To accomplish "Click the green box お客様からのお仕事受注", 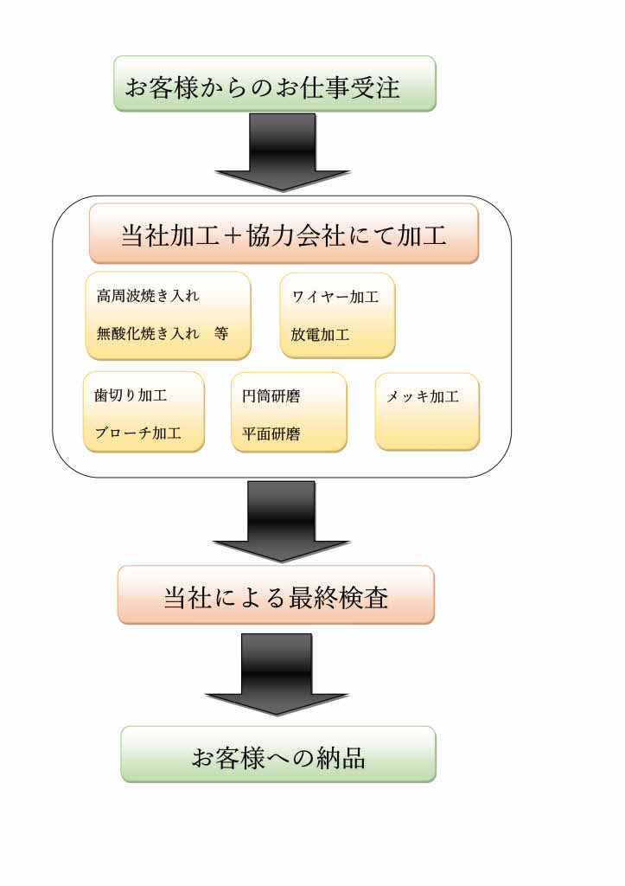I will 274,84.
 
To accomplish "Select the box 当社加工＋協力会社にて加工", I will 284,234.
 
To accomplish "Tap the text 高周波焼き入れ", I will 148,296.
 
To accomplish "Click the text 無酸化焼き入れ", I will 148,334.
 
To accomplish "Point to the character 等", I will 220,334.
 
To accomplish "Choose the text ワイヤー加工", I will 335,297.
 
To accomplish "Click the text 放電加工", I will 320,335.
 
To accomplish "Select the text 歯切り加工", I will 131,395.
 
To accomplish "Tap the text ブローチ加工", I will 137,434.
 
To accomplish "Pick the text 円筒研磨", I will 271,396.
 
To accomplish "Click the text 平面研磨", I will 271,434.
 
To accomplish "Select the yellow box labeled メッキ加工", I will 427,411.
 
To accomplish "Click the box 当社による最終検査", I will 276,595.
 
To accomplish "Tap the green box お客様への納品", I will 277,754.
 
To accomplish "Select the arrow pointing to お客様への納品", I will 276,674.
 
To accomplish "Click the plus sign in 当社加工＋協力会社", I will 229,234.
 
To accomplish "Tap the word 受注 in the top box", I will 376,87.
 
